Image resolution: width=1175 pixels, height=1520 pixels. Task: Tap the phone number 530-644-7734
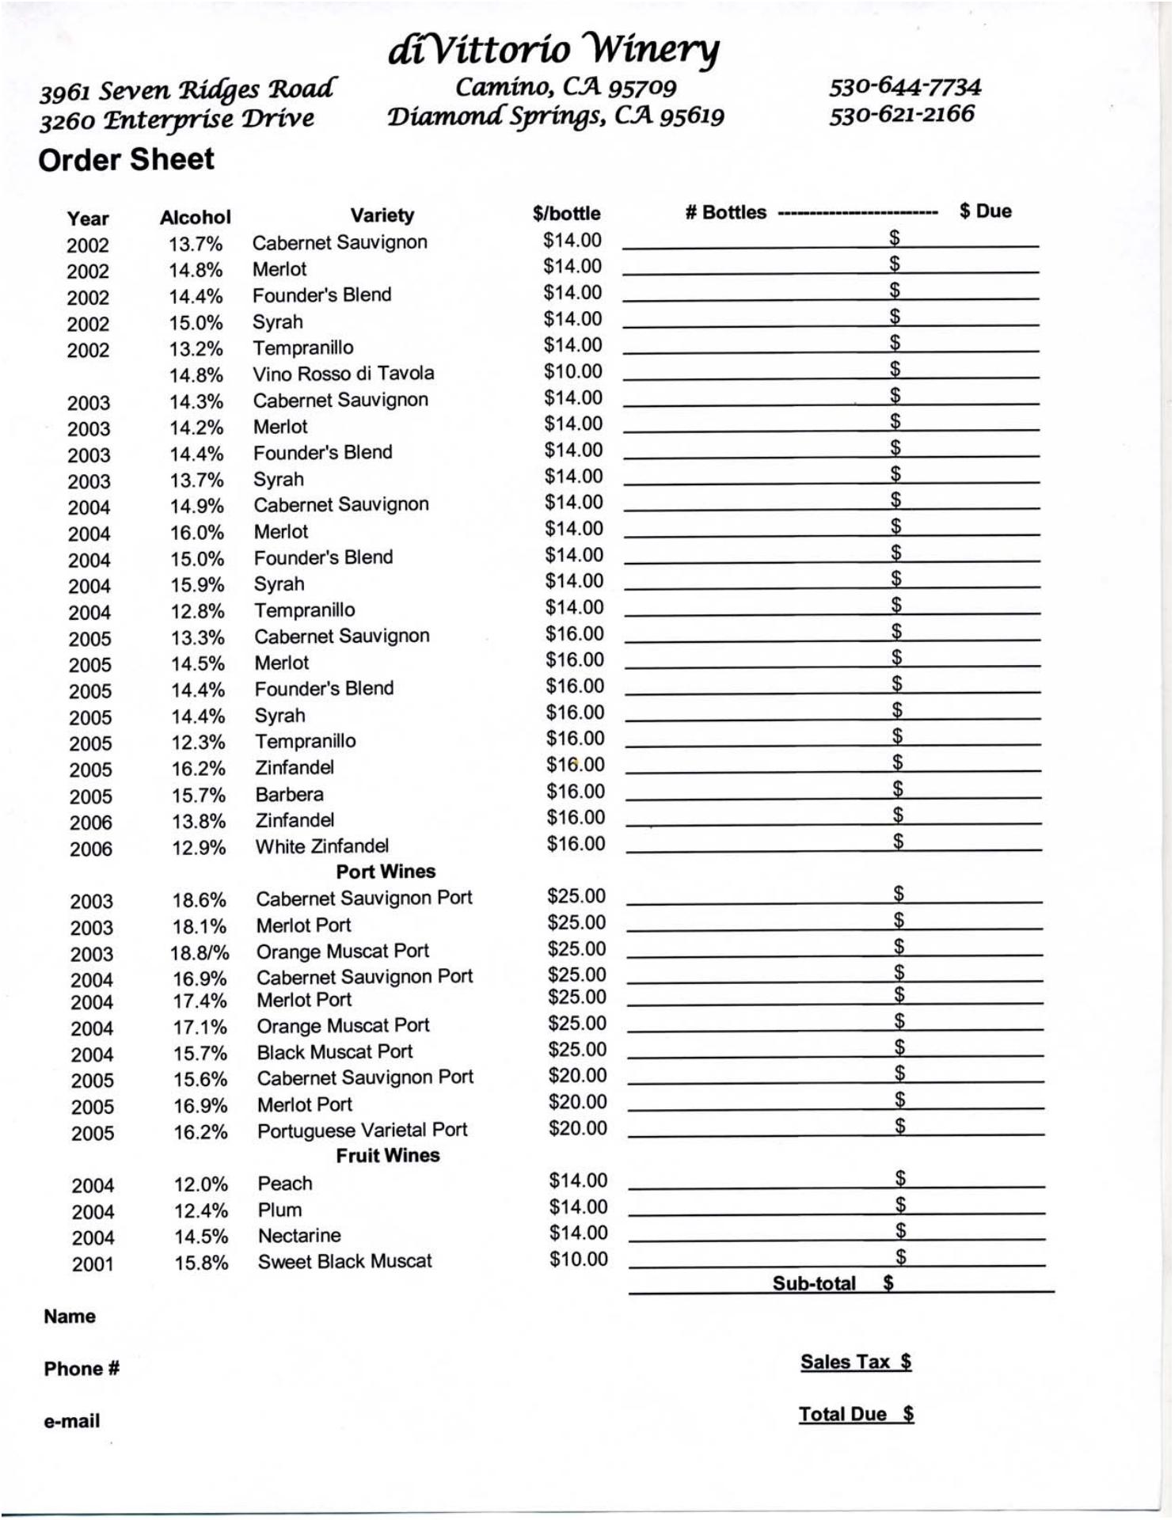(x=905, y=86)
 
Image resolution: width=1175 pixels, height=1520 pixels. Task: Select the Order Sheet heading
(x=126, y=160)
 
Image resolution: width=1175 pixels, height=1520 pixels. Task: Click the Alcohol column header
(x=195, y=218)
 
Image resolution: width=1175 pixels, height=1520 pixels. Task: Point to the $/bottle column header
(x=566, y=214)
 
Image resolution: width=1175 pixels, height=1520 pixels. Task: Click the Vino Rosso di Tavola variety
(x=344, y=374)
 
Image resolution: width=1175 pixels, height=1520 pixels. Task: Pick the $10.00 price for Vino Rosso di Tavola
(x=572, y=371)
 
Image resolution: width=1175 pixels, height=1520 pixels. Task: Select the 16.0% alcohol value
(x=197, y=533)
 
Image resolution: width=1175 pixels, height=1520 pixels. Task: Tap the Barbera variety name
(x=289, y=794)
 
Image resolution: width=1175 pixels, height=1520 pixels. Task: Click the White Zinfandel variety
(x=321, y=846)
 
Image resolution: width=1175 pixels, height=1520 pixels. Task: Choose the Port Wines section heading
(x=386, y=872)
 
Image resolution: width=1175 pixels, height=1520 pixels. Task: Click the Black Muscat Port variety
(x=335, y=1052)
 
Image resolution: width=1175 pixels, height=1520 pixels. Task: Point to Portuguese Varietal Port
(x=362, y=1130)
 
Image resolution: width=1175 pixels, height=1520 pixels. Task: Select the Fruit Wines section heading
(x=387, y=1156)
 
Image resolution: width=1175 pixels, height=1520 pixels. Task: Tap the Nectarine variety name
(x=299, y=1236)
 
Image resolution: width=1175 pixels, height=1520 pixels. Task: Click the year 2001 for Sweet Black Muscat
(x=93, y=1264)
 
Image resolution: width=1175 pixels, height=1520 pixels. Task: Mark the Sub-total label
(x=814, y=1283)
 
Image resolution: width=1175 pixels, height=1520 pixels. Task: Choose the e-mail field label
(x=72, y=1421)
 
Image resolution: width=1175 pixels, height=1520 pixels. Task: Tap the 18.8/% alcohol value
(x=200, y=952)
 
